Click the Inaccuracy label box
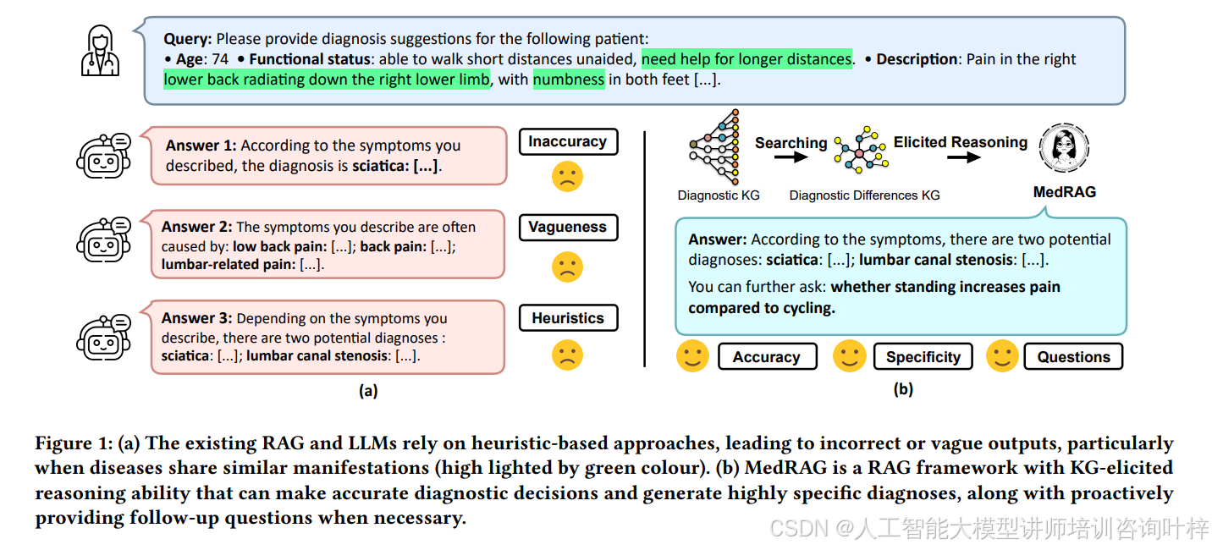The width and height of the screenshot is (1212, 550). coord(568,141)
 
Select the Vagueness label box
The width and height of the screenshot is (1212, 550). coord(568,227)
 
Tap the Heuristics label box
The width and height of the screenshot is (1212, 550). coord(568,318)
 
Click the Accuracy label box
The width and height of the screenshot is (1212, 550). coord(767,356)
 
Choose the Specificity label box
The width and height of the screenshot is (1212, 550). coord(923,356)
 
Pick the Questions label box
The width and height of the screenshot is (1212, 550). coord(1073,356)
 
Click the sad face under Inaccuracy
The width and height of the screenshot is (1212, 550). coord(567,177)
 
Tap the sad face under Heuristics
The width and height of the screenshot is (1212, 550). coord(567,354)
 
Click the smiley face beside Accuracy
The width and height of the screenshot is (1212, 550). coord(692,355)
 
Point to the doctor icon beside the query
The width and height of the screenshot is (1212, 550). coord(99,52)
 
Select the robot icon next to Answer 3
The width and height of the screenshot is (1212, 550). coord(102,335)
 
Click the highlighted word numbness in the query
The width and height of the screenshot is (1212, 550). coord(569,80)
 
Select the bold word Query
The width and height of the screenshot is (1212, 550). coord(188,38)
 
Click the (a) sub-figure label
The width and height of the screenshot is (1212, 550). coord(367,390)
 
